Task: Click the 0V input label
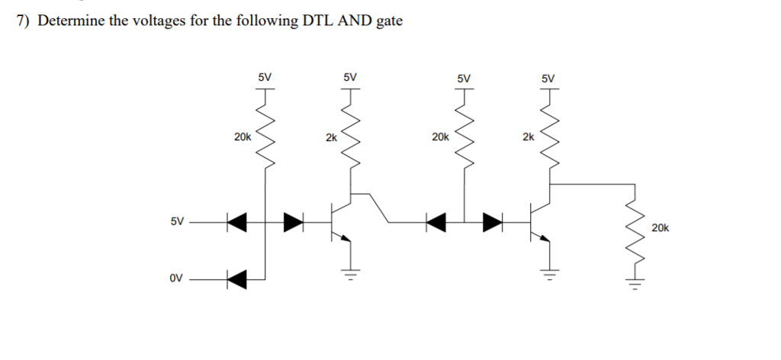pyautogui.click(x=176, y=280)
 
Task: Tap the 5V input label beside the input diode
pyautogui.click(x=176, y=222)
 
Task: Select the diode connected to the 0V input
pyautogui.click(x=237, y=280)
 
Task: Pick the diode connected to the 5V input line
pyautogui.click(x=237, y=223)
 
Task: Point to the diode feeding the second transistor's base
pyautogui.click(x=492, y=223)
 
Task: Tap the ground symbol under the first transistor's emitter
pyautogui.click(x=352, y=274)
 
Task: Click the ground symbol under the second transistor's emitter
pyautogui.click(x=549, y=274)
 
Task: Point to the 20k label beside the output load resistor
pyautogui.click(x=660, y=227)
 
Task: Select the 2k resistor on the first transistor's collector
pyautogui.click(x=351, y=137)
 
